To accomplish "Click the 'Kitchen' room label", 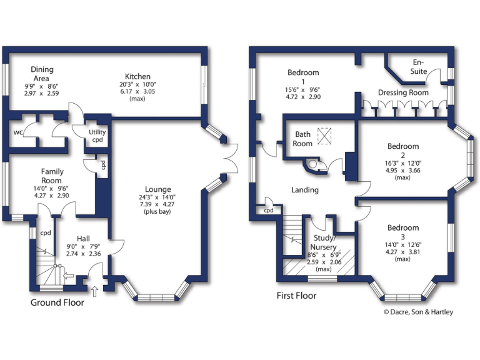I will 136,76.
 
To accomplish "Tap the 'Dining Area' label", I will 42,74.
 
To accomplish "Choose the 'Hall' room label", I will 83,239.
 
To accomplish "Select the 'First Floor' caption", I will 296,296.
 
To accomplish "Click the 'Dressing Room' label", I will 403,92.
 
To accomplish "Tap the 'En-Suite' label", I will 419,67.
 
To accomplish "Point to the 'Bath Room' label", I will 303,139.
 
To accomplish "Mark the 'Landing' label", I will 305,190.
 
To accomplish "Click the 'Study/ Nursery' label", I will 324,242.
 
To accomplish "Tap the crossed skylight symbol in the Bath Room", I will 326,135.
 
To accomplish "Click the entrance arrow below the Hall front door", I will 94,291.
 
